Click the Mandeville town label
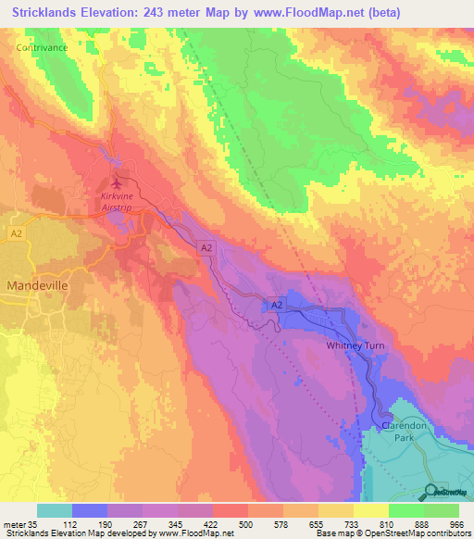[x=37, y=286]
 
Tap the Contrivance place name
[x=43, y=45]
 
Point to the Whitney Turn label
[x=361, y=345]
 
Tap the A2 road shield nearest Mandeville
[x=15, y=232]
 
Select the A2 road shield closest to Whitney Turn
[x=276, y=304]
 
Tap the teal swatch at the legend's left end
[x=54, y=510]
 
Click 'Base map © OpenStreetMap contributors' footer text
[x=393, y=533]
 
